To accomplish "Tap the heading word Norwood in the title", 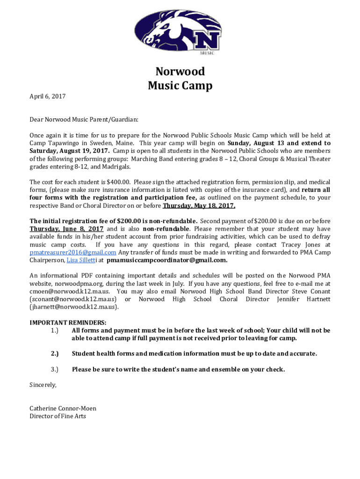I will [180, 72].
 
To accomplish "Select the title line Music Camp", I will [180, 86].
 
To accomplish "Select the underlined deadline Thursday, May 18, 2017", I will [199, 206].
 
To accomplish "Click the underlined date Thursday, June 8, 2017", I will [66, 229].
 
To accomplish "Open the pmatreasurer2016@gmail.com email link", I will [73, 253].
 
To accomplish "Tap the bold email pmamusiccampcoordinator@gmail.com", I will [167, 261].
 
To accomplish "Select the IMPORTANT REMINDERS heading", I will [68, 323].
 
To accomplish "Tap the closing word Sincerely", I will [43, 385].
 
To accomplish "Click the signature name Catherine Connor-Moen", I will [63, 408].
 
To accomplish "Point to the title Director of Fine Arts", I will [58, 416].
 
